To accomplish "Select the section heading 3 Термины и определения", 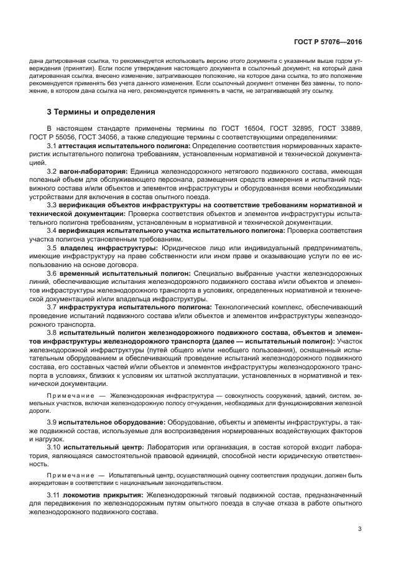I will coord(101,112).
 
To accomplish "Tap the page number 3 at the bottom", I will coord(360,529).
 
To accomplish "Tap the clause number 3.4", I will coord(52,230).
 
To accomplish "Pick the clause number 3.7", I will coord(52,306).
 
